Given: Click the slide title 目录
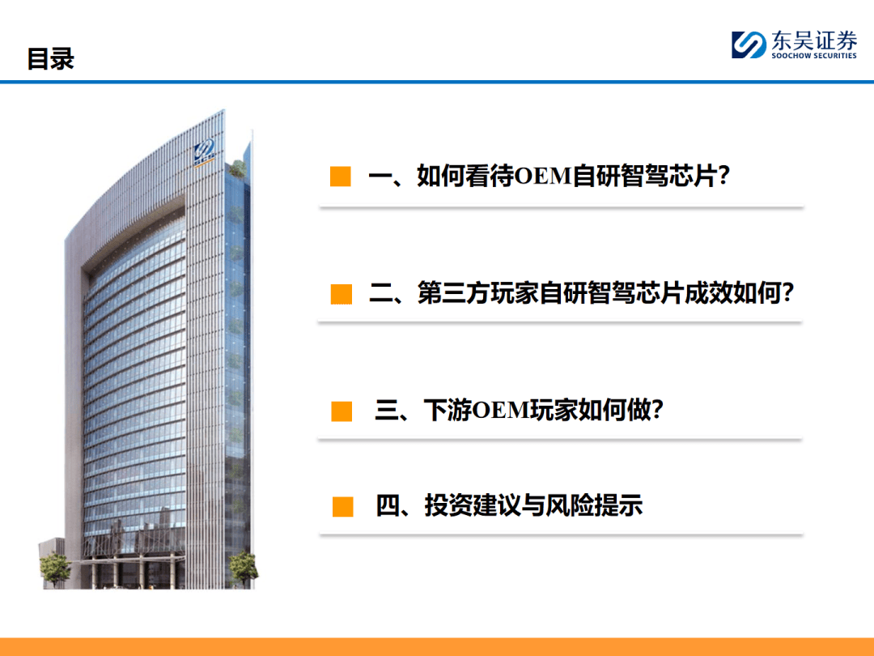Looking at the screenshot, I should (50, 59).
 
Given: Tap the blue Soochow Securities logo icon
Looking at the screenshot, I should (749, 45).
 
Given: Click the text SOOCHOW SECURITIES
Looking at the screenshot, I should (812, 56).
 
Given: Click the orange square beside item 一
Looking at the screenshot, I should (341, 177).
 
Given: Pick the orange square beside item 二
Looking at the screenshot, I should (342, 294).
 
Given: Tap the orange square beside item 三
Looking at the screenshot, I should (342, 411).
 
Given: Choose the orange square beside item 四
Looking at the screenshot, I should (343, 507).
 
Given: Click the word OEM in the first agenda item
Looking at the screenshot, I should (543, 177).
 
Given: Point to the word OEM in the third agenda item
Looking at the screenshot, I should (501, 411).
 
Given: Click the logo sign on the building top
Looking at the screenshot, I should (205, 151).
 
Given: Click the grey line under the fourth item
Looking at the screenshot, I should (561, 535).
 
